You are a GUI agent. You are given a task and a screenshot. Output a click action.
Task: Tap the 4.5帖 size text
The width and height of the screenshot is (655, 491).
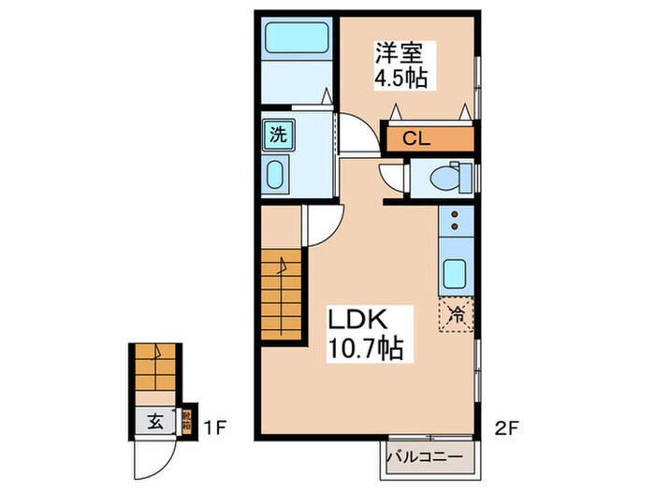click(401, 78)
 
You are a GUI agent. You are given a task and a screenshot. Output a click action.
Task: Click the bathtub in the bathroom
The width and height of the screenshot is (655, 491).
click(294, 38)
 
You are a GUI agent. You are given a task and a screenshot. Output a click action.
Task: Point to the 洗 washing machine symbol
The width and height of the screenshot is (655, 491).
click(278, 134)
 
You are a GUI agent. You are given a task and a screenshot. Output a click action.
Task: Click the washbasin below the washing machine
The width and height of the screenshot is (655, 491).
click(276, 174)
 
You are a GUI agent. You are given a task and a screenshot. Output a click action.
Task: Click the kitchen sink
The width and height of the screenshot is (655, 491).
click(456, 273)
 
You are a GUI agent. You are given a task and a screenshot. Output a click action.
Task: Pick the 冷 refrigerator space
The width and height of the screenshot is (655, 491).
click(456, 315)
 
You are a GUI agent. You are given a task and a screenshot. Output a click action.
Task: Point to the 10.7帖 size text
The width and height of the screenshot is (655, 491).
click(365, 350)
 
